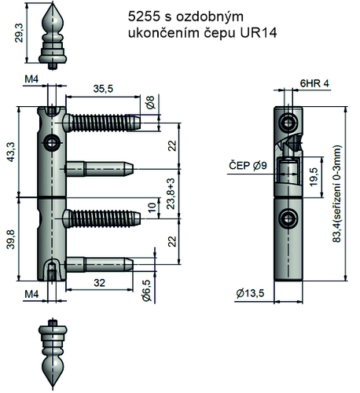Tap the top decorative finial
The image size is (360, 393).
point(52,36)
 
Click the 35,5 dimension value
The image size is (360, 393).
point(103,89)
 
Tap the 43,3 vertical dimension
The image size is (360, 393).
point(9,152)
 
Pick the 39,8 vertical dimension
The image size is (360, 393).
point(9,237)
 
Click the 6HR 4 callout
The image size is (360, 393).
point(315,82)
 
